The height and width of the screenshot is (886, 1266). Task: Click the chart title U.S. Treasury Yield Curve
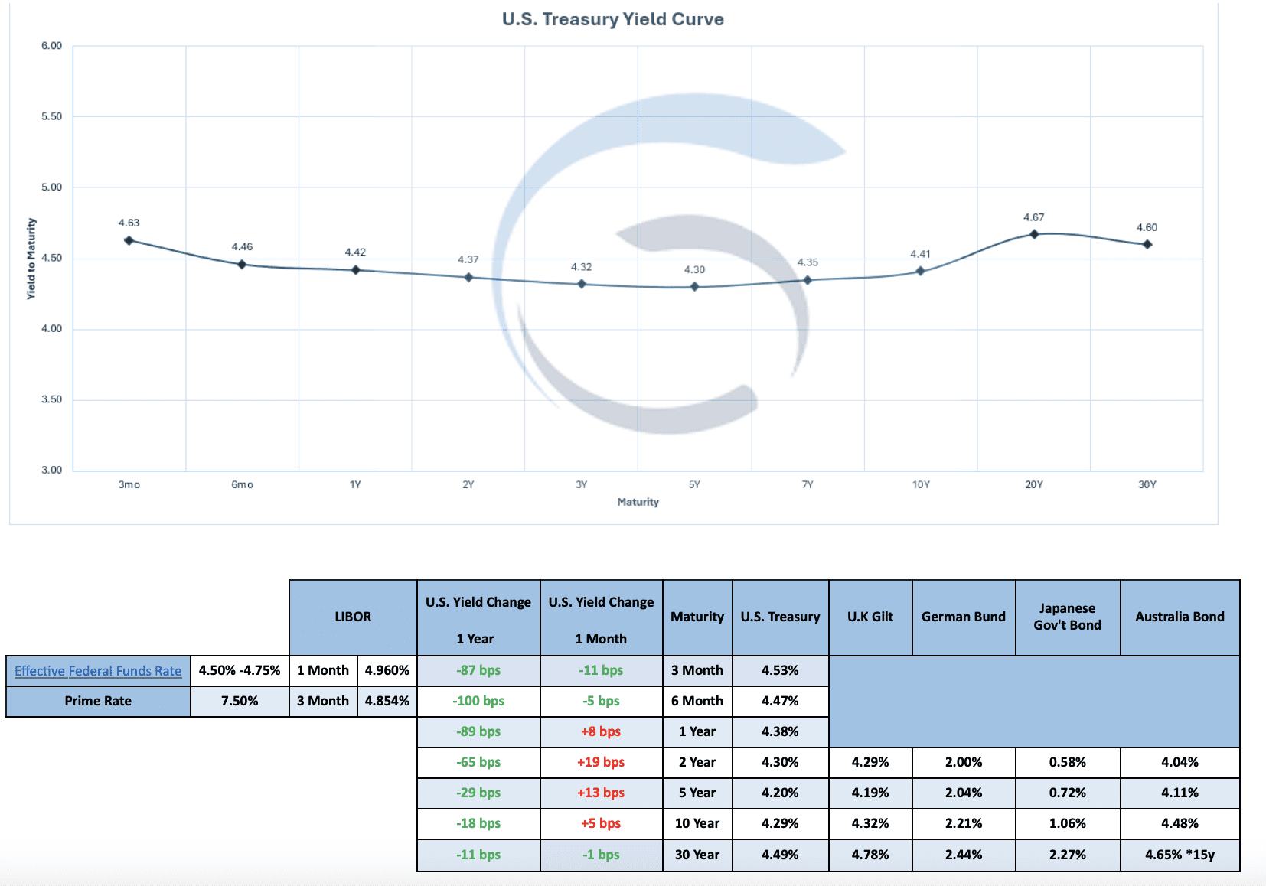tap(612, 19)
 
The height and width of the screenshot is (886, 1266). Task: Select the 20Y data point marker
tap(1033, 234)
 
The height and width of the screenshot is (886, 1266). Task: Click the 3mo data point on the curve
tap(129, 240)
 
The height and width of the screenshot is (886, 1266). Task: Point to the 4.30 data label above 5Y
tap(694, 269)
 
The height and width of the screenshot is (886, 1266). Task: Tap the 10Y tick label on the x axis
tap(921, 484)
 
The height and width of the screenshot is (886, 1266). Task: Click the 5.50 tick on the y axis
tap(51, 116)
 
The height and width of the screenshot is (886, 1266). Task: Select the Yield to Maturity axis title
tap(31, 259)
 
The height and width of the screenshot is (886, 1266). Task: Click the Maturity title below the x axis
tap(638, 502)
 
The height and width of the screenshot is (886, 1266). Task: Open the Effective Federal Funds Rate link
tap(98, 671)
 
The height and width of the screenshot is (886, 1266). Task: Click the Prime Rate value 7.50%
tap(240, 701)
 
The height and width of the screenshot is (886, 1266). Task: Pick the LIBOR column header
tap(353, 617)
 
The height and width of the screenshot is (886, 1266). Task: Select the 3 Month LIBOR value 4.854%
tap(387, 701)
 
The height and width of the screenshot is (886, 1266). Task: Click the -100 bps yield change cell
tap(478, 701)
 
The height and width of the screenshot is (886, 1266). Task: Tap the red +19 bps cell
tap(601, 762)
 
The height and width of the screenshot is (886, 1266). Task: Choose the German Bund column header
tap(963, 617)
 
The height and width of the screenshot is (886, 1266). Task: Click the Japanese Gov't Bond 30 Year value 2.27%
tap(1067, 855)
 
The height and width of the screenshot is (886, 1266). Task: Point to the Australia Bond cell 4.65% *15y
tap(1180, 855)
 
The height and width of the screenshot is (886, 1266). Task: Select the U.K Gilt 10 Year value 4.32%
tap(870, 823)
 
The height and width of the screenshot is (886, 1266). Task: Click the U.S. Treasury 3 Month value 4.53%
tap(780, 670)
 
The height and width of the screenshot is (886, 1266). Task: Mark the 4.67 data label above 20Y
tap(1033, 217)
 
